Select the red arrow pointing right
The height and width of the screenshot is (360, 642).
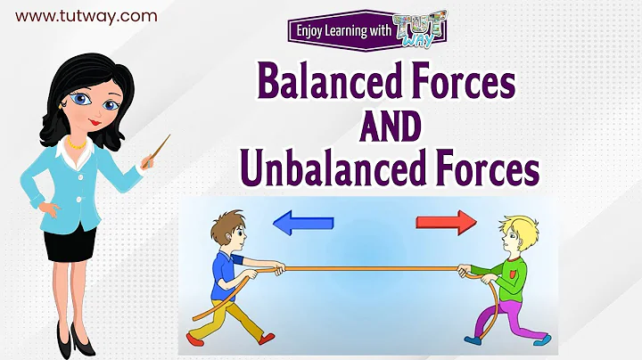click(x=447, y=224)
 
